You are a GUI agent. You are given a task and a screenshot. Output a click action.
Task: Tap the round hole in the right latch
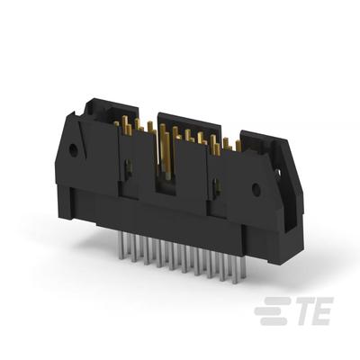(x=256, y=190)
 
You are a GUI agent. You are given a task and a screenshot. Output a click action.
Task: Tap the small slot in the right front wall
(x=216, y=189)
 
